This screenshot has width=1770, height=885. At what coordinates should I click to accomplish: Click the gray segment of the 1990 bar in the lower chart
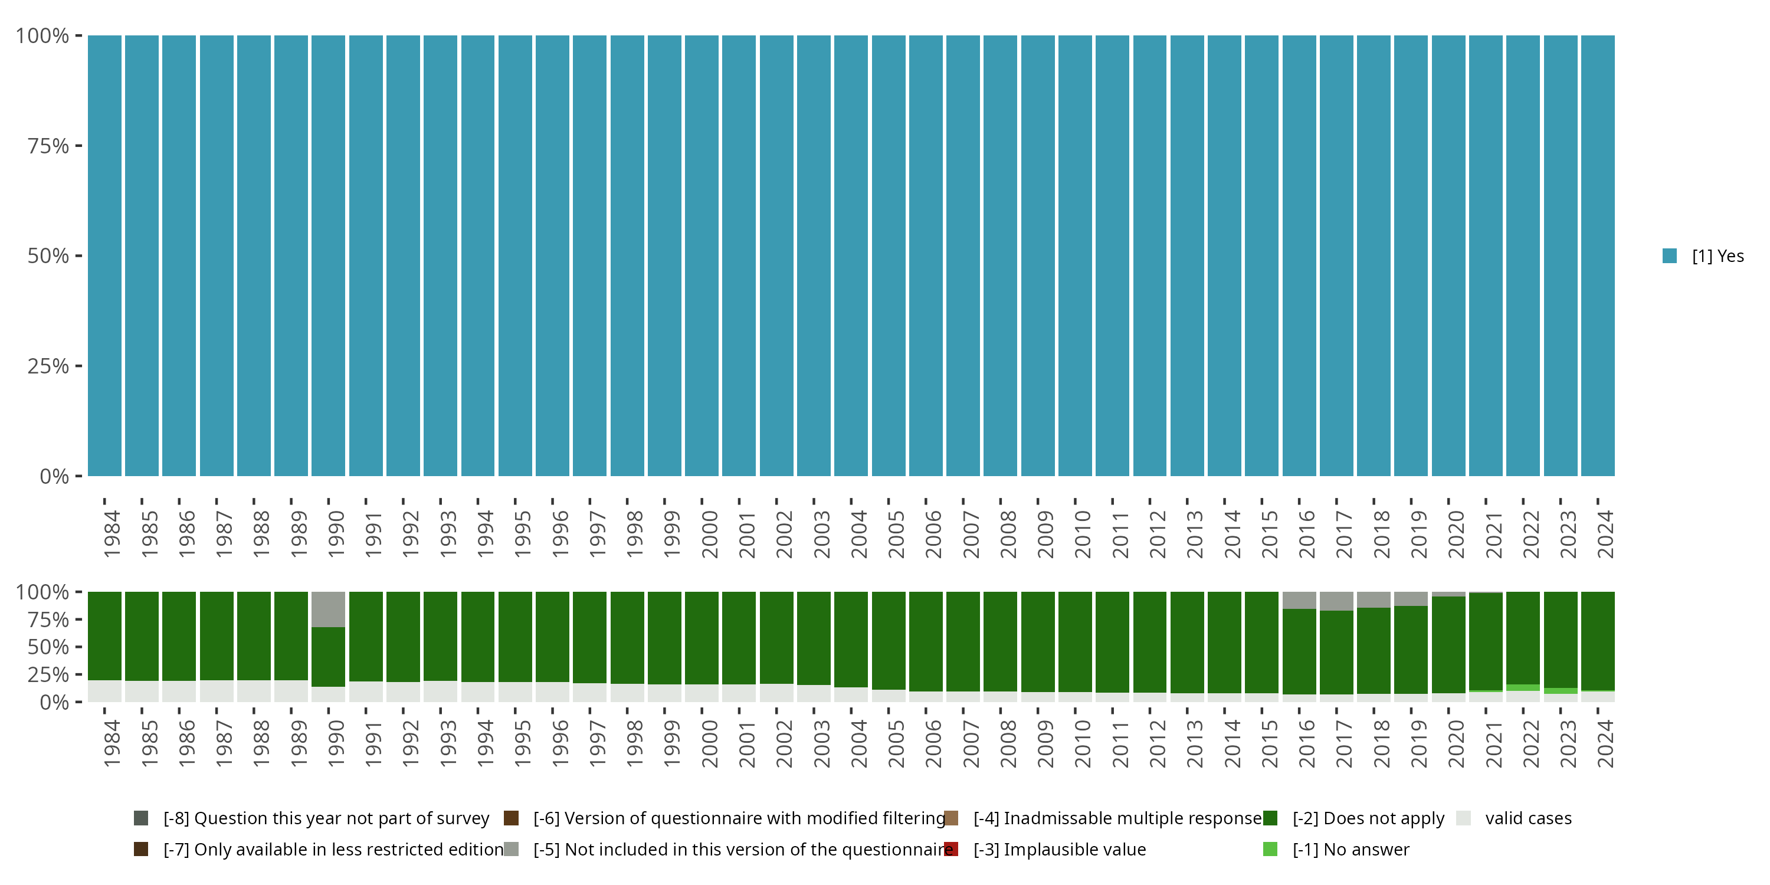(329, 609)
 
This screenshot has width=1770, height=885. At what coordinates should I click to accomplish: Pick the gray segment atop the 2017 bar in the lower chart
(1336, 601)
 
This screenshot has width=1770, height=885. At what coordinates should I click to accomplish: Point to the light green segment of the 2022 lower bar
(1523, 688)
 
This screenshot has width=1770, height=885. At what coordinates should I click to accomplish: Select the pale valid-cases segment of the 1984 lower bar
(104, 691)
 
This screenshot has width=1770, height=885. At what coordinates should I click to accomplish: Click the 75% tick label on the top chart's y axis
(48, 146)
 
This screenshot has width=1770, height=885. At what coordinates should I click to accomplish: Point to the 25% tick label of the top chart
(48, 366)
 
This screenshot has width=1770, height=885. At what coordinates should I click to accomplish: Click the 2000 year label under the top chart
(709, 534)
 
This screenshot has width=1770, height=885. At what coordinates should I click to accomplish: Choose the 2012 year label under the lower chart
(1157, 743)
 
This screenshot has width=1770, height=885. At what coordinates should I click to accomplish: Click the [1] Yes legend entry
(1717, 256)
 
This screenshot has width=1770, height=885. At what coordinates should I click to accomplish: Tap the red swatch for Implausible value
(952, 849)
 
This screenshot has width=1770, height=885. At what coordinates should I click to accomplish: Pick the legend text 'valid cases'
(1528, 818)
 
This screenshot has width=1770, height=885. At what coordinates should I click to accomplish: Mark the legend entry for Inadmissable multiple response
(1117, 818)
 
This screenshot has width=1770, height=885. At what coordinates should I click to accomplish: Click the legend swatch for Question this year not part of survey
(142, 818)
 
